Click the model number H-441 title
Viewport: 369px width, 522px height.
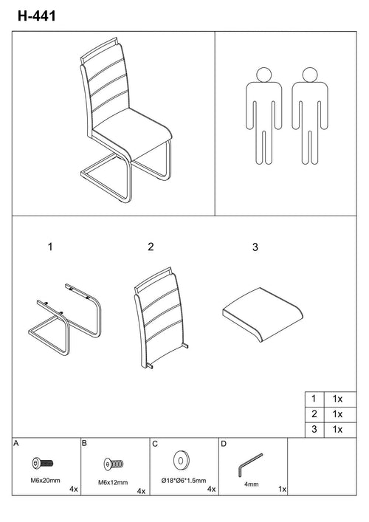pos(37,16)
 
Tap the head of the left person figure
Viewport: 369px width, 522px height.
pos(264,75)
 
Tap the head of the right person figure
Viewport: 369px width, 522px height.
pos(310,75)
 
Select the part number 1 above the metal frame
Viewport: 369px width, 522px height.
pos(50,247)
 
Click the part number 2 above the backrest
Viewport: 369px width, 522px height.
pos(151,247)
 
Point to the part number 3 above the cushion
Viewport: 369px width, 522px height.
pos(255,247)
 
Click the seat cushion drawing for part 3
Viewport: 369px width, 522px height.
pos(263,314)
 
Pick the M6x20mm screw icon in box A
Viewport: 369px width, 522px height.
pos(43,463)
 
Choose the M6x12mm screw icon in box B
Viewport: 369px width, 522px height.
pos(114,464)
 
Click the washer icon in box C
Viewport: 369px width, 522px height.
pos(181,461)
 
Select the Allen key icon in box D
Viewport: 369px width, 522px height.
pos(250,464)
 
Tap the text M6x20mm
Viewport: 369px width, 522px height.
pos(46,481)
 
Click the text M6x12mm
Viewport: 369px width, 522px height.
pos(113,482)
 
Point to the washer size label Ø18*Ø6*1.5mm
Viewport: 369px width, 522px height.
pos(184,481)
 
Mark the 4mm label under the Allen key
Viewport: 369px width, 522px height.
pos(251,484)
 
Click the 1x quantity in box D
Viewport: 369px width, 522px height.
pos(283,489)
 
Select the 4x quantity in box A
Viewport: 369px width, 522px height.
pos(74,489)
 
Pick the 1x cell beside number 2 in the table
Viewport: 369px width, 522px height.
pos(337,413)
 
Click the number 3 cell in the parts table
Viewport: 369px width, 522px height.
pos(314,430)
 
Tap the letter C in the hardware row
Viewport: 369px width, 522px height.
pos(155,444)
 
